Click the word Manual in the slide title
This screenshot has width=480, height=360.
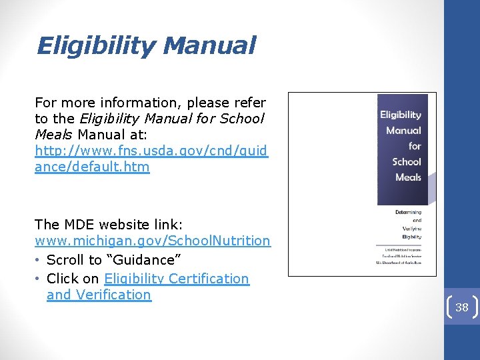209,46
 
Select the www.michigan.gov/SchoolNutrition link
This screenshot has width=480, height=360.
153,241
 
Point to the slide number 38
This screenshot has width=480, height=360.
462,307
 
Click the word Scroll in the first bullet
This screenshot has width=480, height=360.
65,260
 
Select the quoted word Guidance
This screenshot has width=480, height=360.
150,260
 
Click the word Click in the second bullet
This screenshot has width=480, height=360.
63,279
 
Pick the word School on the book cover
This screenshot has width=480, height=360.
407,161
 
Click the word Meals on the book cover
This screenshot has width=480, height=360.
408,177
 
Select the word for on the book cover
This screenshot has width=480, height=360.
415,145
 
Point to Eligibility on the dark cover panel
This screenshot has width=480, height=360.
401,115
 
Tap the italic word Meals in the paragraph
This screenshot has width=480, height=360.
54,135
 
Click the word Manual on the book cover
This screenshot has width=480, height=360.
403,130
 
